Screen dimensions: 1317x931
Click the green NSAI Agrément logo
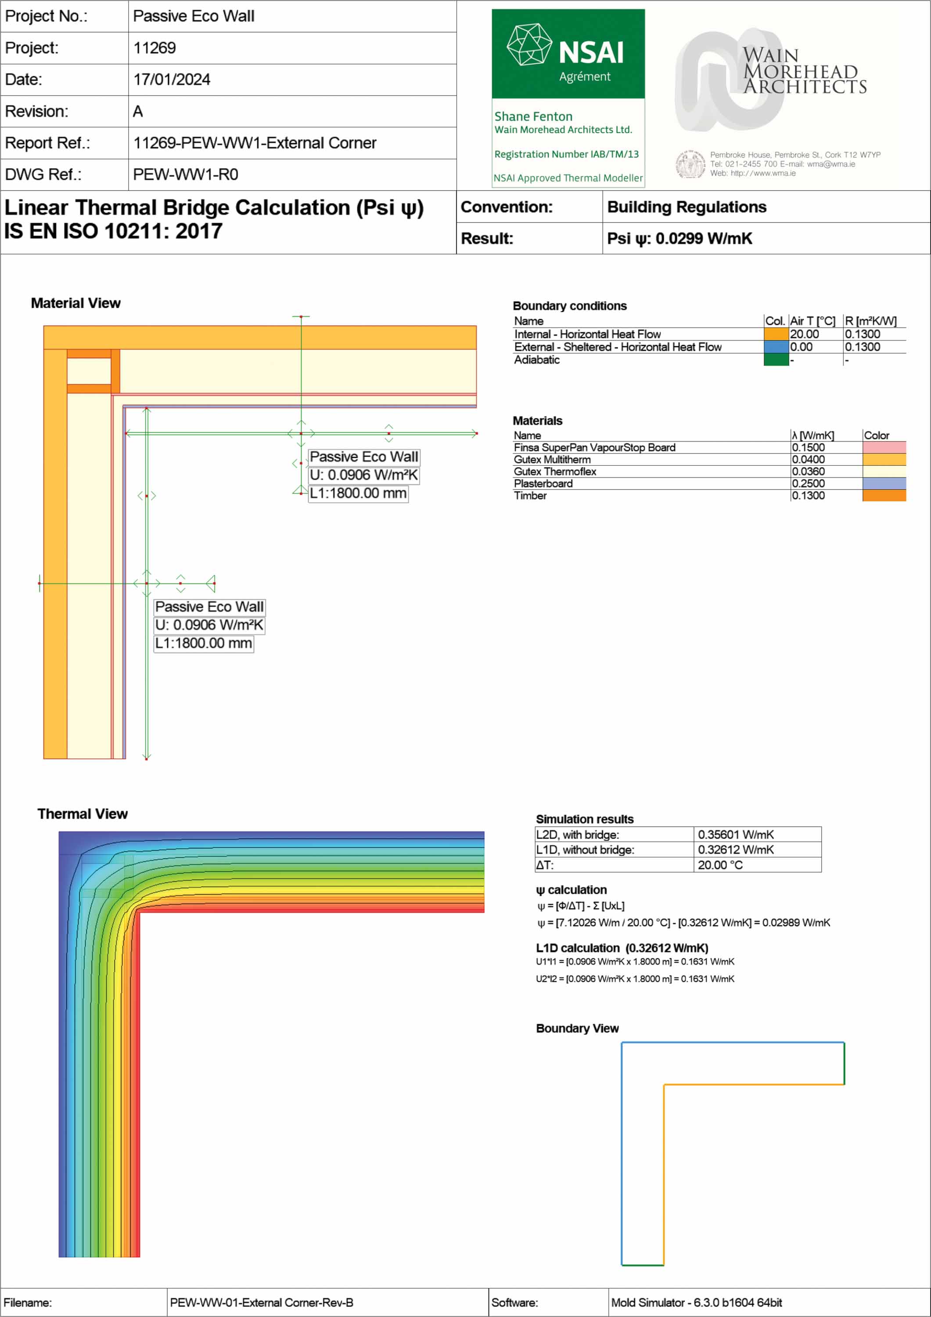[568, 54]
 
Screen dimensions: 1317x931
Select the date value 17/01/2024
[172, 80]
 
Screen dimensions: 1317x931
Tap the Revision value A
[138, 111]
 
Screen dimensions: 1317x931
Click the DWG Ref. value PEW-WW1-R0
[185, 174]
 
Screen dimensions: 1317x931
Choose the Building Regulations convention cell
[687, 207]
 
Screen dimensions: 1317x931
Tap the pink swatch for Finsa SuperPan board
[884, 447]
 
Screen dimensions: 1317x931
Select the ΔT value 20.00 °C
[720, 865]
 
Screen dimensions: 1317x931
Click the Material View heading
[76, 303]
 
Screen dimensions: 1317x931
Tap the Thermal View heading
[83, 814]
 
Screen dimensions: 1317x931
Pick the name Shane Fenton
[533, 116]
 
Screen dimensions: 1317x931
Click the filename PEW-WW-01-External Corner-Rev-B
[261, 1303]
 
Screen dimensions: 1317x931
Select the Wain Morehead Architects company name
[804, 71]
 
